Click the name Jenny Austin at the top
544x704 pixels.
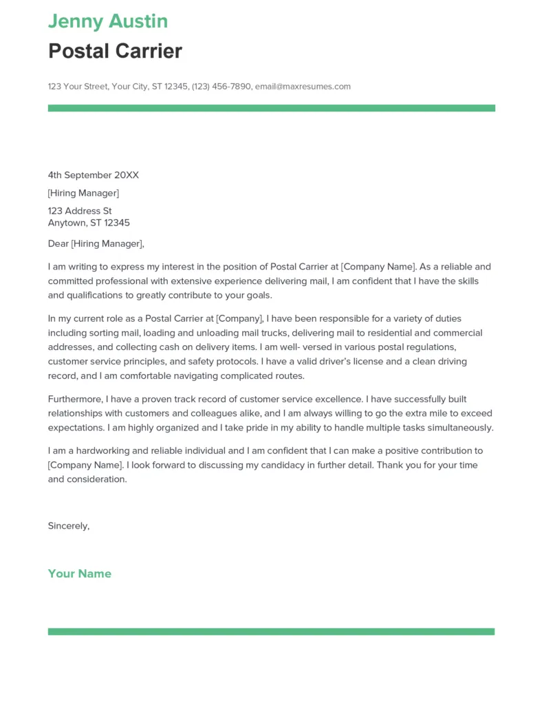[108, 21]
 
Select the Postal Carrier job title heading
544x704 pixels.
[115, 51]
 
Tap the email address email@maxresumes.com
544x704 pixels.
[303, 87]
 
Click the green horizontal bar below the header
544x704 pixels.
[271, 108]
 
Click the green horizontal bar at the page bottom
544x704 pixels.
[271, 631]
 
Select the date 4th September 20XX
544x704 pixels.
[93, 175]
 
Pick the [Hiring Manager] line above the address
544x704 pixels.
[83, 193]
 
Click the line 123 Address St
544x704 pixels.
[80, 211]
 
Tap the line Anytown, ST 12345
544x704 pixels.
[89, 223]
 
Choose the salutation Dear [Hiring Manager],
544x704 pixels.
[96, 243]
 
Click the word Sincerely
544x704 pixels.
[68, 526]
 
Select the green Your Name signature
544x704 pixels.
[79, 573]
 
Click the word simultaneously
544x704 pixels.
[461, 428]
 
